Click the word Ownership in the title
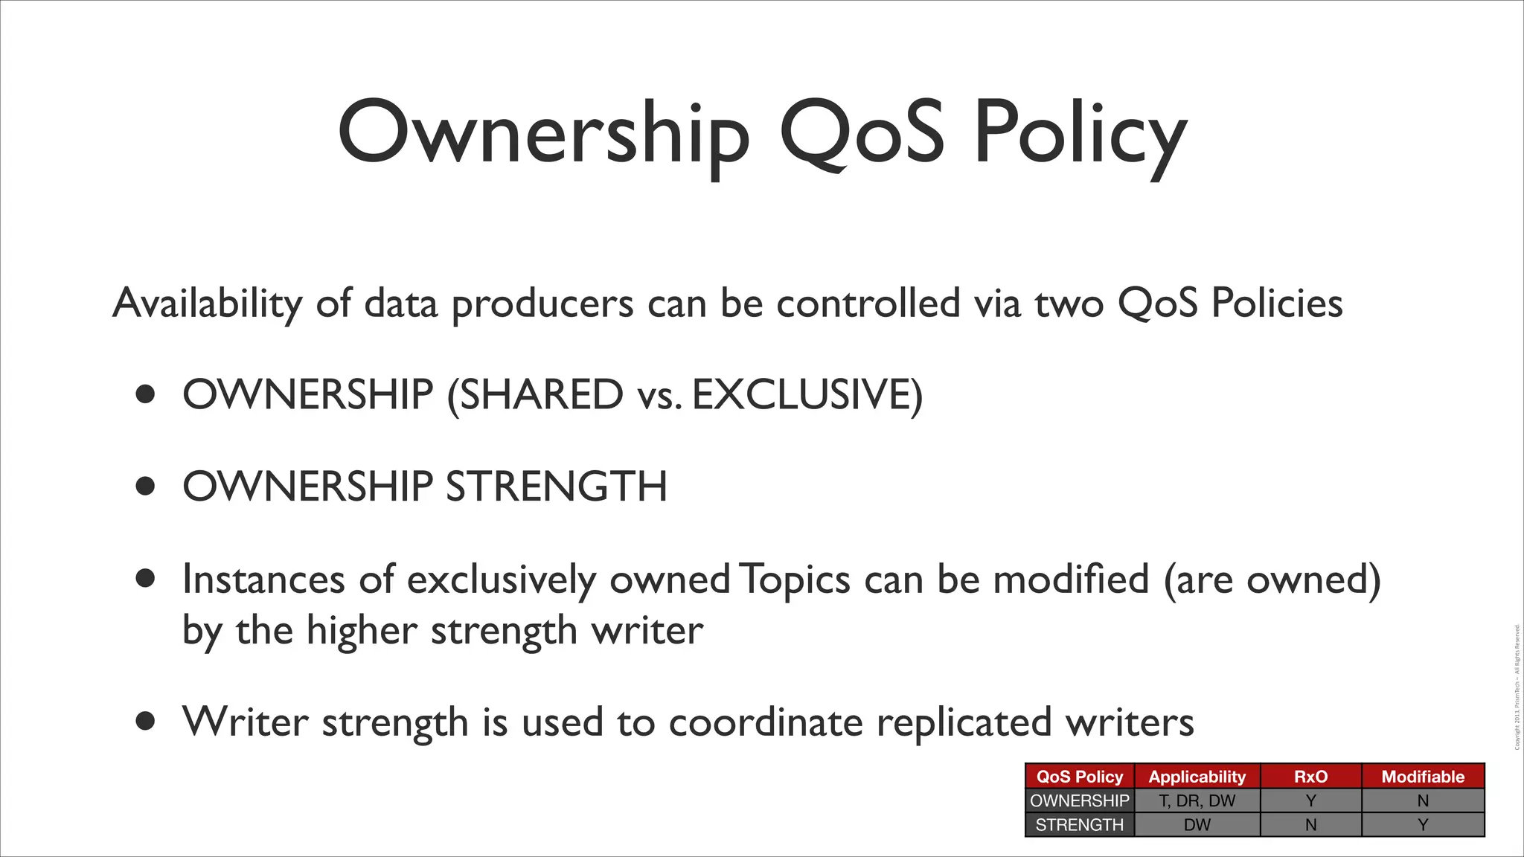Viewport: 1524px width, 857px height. [543, 134]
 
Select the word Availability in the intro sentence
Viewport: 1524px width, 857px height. [207, 304]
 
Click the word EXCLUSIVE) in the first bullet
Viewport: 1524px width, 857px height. [807, 394]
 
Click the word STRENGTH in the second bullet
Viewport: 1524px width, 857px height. [556, 487]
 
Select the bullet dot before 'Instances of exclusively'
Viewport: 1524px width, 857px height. [146, 578]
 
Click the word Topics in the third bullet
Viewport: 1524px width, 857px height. [795, 580]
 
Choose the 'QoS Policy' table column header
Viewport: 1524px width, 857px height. [1080, 777]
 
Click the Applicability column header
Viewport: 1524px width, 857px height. [1197, 777]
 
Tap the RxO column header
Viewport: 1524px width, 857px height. [1310, 777]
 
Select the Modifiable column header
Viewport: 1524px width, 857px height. [1423, 777]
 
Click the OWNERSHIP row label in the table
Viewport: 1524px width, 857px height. [1080, 801]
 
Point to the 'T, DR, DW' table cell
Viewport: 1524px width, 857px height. [1197, 801]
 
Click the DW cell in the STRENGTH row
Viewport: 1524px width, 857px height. [1197, 825]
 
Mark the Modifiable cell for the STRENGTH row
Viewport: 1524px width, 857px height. [1423, 825]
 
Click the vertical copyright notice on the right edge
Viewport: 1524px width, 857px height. [1517, 687]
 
